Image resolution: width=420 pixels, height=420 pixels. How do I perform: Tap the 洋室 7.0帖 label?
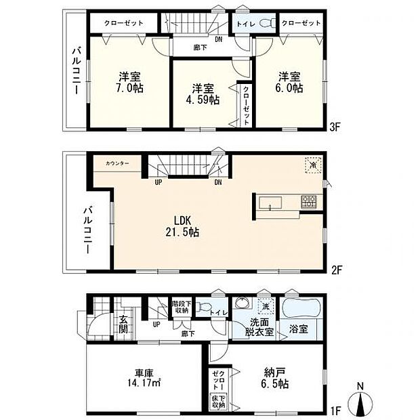(x=128, y=82)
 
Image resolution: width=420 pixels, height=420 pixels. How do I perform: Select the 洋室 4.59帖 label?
(x=204, y=94)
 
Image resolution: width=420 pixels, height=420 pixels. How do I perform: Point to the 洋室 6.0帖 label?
(x=288, y=82)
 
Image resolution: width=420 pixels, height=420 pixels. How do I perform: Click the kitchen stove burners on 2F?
(x=308, y=201)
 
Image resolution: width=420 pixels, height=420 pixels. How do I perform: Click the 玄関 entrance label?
(x=125, y=324)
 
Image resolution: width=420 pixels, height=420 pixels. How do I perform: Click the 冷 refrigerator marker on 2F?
(x=312, y=165)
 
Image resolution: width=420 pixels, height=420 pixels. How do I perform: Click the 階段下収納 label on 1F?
(x=180, y=308)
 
